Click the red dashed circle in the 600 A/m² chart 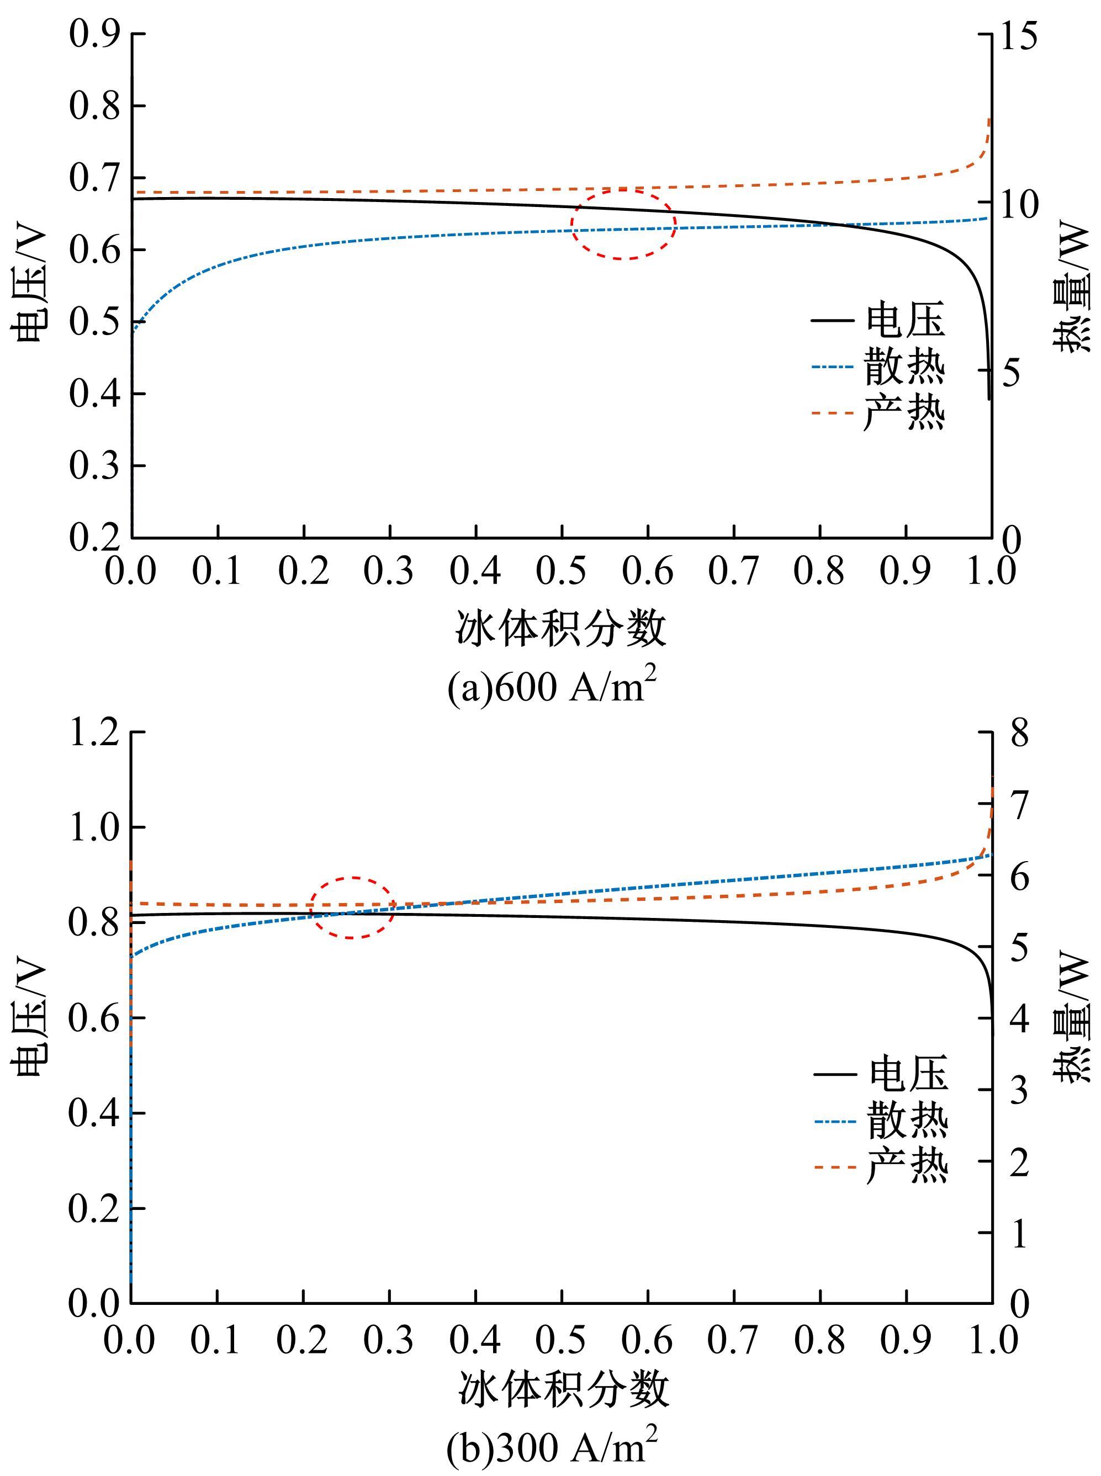[623, 224]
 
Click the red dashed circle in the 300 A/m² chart [353, 908]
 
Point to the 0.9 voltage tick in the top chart [93, 33]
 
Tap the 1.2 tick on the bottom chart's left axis [93, 732]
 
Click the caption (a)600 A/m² [552, 687]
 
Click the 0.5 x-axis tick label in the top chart [562, 571]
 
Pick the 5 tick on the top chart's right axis [1011, 373]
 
